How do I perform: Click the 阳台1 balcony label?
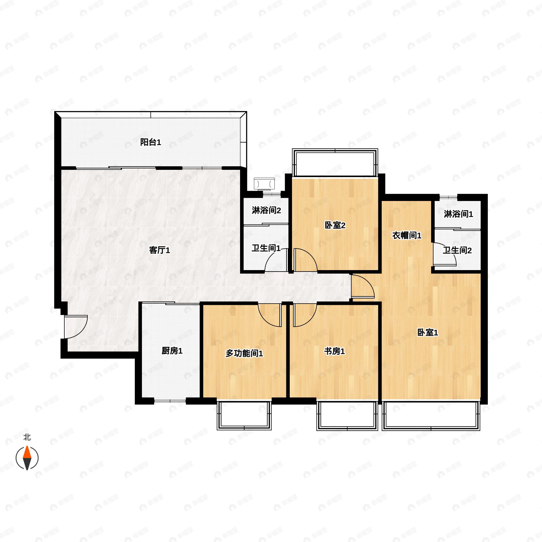pos(151,143)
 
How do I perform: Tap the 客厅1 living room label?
pos(159,250)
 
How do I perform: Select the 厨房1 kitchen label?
pos(172,351)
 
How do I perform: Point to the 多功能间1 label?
pos(244,353)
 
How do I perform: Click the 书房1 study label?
pos(334,351)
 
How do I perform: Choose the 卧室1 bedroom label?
pos(428,333)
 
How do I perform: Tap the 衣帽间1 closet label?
pos(406,235)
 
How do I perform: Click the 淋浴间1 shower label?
pos(458,214)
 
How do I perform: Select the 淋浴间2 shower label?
pos(266,210)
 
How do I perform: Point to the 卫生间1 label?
pos(266,248)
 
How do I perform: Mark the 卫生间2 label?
pos(457,250)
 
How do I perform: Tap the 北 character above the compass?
pos(27,437)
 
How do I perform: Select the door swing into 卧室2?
pos(305,260)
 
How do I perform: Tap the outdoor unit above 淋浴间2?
pos(264,184)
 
